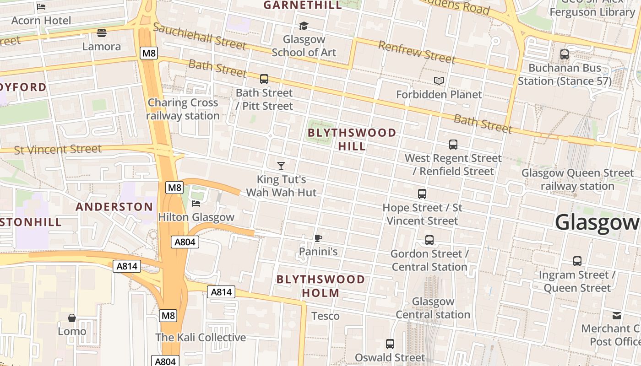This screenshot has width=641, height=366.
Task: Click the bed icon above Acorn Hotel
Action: tap(41, 7)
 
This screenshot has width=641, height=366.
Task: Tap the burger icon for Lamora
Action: tap(102, 33)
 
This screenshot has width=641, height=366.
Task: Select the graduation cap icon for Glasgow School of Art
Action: tap(304, 26)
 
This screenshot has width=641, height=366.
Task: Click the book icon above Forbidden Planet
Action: tap(439, 81)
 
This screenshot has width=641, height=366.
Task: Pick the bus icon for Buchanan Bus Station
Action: tap(565, 54)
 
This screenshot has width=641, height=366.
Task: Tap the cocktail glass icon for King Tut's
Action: tap(281, 166)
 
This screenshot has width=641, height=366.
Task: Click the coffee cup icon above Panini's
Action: tap(318, 238)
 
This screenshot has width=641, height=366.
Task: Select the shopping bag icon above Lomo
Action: tap(72, 318)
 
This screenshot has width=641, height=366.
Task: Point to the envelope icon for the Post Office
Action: tap(617, 315)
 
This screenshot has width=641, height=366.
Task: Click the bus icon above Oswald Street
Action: tap(390, 344)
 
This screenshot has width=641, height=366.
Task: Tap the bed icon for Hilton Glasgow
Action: tap(196, 203)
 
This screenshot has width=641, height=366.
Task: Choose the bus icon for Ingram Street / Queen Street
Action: tap(577, 261)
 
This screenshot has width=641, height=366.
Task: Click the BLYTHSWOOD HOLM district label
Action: tap(321, 286)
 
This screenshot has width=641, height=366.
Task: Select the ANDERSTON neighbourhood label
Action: tap(114, 207)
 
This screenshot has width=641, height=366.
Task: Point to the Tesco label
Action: tap(326, 316)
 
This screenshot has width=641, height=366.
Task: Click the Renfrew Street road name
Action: tap(417, 52)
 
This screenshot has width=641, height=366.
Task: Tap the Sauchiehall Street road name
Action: tap(200, 36)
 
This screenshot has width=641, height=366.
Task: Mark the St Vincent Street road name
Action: tap(58, 149)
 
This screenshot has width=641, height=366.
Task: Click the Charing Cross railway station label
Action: tap(183, 109)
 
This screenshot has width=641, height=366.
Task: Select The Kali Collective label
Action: tap(201, 338)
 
